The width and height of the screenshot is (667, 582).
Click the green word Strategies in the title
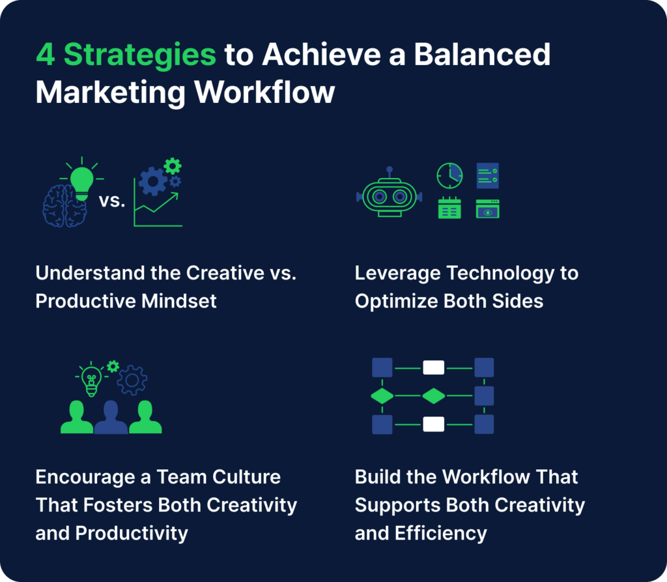point(140,56)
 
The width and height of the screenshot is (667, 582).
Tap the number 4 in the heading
point(45,55)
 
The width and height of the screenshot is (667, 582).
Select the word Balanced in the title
point(482,54)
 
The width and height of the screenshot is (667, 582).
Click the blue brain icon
point(64,206)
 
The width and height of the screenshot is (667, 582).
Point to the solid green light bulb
point(81,183)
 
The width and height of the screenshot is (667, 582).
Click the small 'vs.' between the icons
point(112,201)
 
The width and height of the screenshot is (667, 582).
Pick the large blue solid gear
point(152,181)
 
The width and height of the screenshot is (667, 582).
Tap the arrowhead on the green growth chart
point(174,196)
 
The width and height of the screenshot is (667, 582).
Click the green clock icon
point(449,175)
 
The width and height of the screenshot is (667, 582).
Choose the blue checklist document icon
point(487,175)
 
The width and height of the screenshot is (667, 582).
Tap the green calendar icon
point(449,208)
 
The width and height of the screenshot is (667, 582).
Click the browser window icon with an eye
point(487,209)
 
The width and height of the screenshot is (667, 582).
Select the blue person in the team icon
point(111,417)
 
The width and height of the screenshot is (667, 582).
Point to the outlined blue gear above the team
point(132,380)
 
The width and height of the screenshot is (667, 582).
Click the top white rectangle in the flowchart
point(433,368)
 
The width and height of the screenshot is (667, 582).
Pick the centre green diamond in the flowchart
point(433,396)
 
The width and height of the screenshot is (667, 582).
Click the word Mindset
point(178,301)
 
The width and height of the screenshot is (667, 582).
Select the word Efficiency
point(441,534)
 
